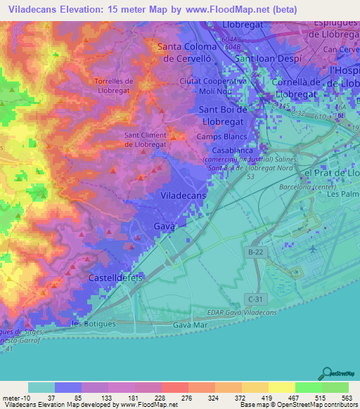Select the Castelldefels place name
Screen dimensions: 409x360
tap(115, 278)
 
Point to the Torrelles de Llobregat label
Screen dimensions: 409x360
tap(120, 86)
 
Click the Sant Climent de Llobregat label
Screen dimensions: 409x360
tap(146, 140)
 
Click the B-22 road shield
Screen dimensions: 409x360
tap(257, 250)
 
